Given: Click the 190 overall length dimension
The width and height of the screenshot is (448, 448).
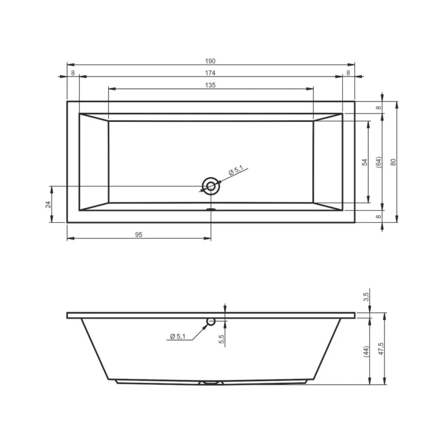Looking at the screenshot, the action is pyautogui.click(x=210, y=61).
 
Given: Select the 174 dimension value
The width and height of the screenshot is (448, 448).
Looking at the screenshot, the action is pyautogui.click(x=210, y=73).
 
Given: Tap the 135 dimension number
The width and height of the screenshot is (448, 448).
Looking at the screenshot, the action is pyautogui.click(x=210, y=85).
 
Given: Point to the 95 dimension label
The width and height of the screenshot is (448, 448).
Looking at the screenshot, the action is pyautogui.click(x=139, y=235).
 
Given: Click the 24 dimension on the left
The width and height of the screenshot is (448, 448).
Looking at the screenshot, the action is pyautogui.click(x=48, y=204).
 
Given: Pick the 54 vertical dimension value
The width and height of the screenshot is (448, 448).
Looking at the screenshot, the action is pyautogui.click(x=365, y=162).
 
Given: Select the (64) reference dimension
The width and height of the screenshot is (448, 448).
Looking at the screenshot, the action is pyautogui.click(x=379, y=162).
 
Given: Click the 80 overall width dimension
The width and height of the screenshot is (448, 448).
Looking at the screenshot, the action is pyautogui.click(x=394, y=162).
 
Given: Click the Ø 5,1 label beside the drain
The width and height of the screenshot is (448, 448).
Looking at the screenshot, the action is pyautogui.click(x=236, y=171).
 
